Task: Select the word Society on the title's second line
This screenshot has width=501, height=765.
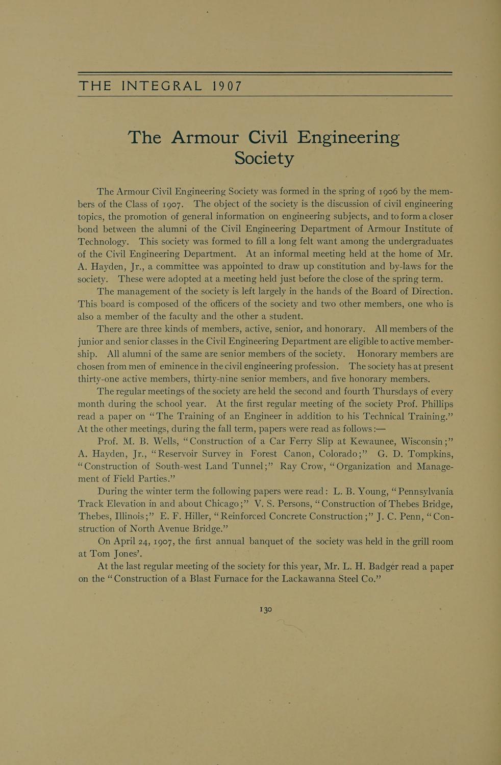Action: tap(264, 158)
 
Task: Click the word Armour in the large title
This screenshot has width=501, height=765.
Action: tap(205, 138)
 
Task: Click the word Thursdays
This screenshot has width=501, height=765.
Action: tap(398, 391)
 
